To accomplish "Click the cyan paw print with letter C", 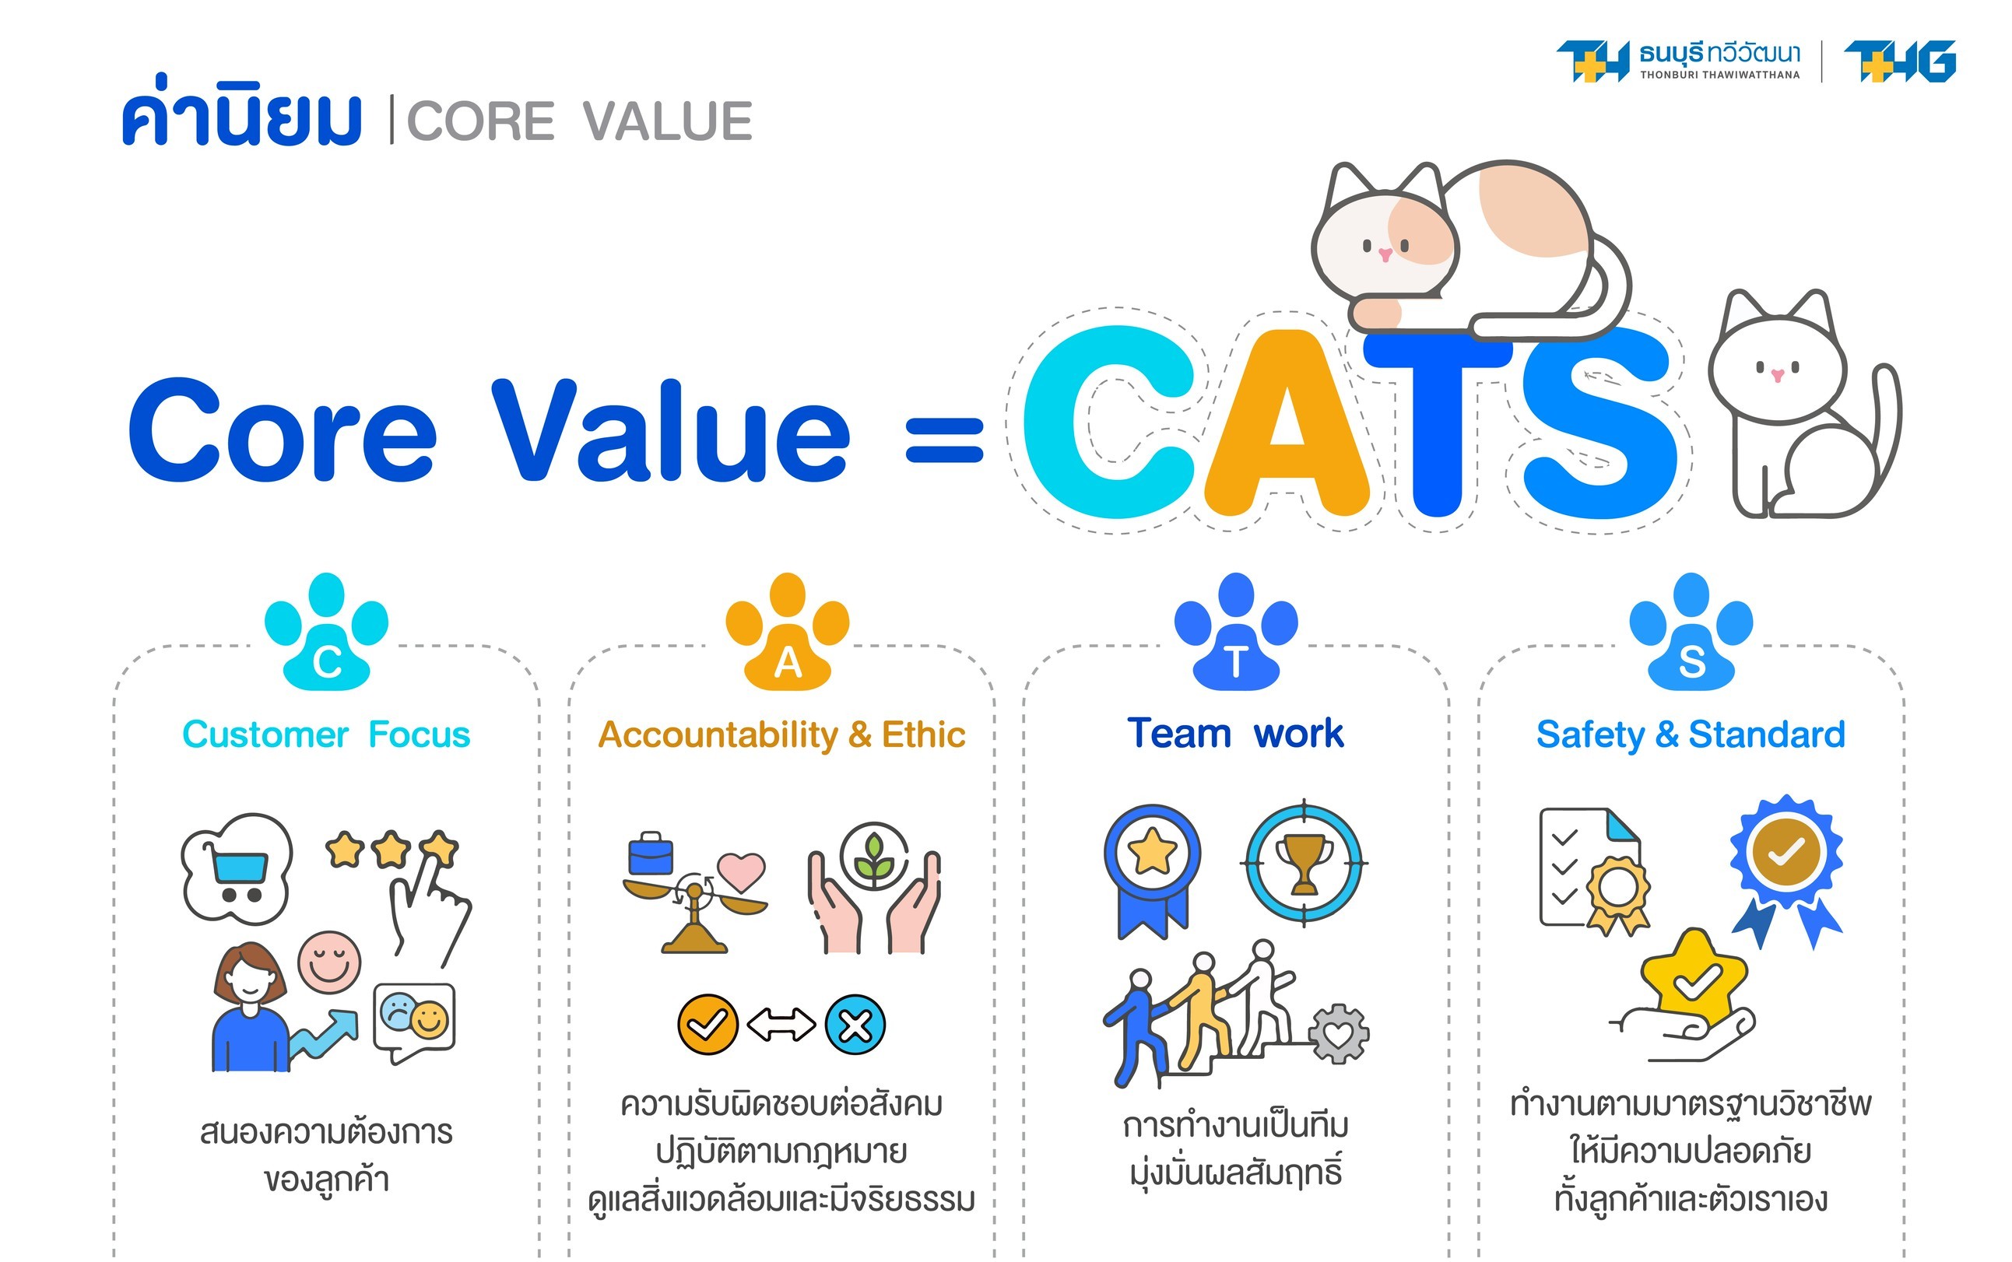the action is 326,632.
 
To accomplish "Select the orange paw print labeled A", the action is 787,632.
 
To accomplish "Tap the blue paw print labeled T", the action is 1235,632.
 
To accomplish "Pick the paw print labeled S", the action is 1691,632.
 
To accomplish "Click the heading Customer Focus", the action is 326,734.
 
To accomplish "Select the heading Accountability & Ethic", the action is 782,735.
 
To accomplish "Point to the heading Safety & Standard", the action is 1691,735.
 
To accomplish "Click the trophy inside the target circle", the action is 1304,863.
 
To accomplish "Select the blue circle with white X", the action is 855,1025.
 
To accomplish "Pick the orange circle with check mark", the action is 708,1025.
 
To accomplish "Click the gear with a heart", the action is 1338,1034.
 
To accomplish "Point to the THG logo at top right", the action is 1899,61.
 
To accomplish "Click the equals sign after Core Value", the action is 944,440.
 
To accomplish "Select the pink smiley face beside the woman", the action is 330,962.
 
